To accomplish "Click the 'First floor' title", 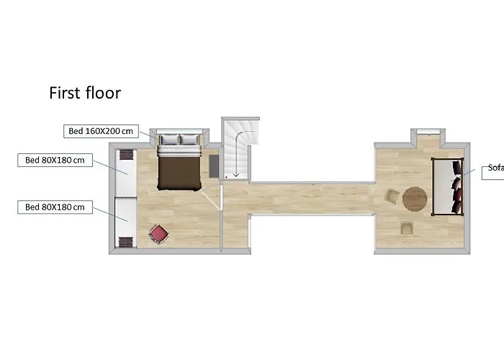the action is pyautogui.click(x=85, y=93).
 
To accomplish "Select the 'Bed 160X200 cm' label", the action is pyautogui.click(x=101, y=131).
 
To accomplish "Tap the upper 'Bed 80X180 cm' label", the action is pyautogui.click(x=55, y=160).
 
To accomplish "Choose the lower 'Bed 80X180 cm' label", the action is pyautogui.click(x=55, y=207).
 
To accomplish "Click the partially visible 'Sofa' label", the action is pyautogui.click(x=495, y=168).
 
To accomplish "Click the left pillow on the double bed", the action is pyautogui.click(x=170, y=140).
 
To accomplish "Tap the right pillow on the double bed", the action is pyautogui.click(x=189, y=140).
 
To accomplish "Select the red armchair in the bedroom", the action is pyautogui.click(x=159, y=234).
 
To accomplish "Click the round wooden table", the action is pyautogui.click(x=415, y=199).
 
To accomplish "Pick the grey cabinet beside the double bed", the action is pyautogui.click(x=214, y=166).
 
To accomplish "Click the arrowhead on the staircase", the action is pyautogui.click(x=236, y=175).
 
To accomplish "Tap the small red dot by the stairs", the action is pyautogui.click(x=226, y=177).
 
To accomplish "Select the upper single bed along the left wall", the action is pyautogui.click(x=126, y=172).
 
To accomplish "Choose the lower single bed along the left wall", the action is pyautogui.click(x=126, y=222).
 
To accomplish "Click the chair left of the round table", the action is pyautogui.click(x=392, y=196).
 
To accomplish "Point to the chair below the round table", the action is pyautogui.click(x=407, y=228).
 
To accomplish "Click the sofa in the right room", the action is pyautogui.click(x=448, y=186).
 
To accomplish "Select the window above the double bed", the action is pyautogui.click(x=179, y=131).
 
